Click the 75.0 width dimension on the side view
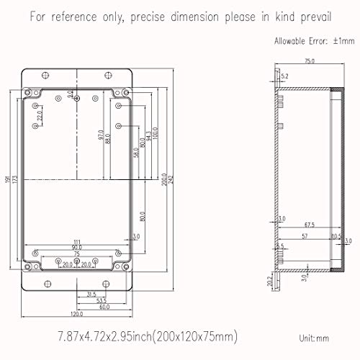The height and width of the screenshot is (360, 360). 310,62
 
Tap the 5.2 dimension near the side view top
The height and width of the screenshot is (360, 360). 284,76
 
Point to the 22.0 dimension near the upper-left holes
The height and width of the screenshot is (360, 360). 41,114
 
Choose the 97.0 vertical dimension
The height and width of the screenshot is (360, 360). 100,135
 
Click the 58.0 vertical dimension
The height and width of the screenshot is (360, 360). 135,153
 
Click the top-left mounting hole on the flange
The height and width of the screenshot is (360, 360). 47,76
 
